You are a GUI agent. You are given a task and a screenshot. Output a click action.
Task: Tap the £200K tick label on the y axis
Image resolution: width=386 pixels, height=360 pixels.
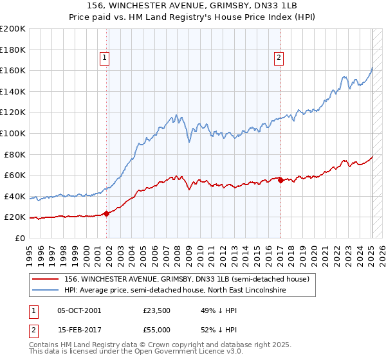point(13,29)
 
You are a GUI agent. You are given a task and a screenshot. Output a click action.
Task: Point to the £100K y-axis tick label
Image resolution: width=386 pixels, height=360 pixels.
point(13,134)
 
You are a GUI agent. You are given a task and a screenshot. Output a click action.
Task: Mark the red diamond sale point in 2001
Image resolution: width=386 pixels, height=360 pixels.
point(106,214)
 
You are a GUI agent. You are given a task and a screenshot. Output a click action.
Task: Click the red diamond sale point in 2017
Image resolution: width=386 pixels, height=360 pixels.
point(280,181)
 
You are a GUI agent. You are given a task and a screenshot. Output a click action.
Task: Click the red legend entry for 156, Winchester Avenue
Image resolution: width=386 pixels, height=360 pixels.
point(187,279)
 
